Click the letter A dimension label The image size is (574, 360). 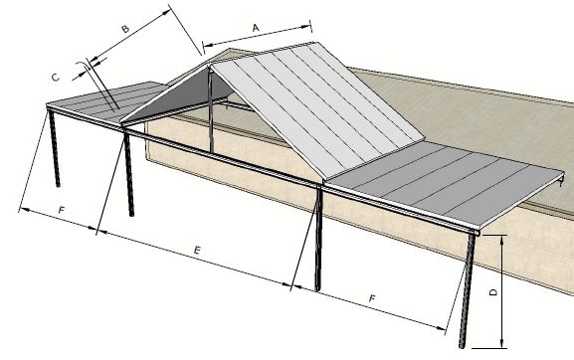coord(256,29)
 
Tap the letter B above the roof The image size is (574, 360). coord(125,31)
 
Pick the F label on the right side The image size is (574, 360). coord(371,297)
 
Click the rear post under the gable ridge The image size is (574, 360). coord(211,114)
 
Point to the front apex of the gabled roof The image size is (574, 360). coord(210,62)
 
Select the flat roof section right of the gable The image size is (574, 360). coord(448,184)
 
